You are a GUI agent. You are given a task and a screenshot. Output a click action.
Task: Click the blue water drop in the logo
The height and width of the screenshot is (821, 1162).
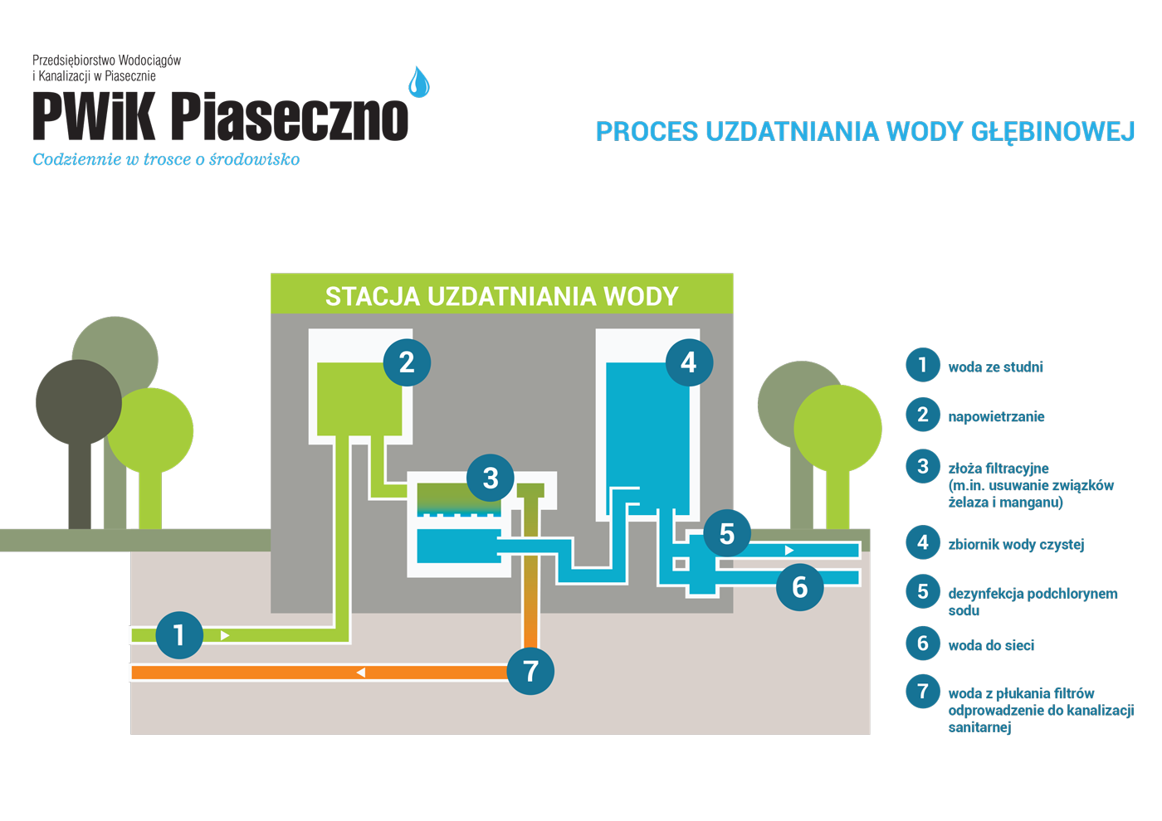point(418,82)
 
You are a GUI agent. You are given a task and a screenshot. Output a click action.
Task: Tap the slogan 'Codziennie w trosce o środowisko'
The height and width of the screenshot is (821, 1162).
point(166,159)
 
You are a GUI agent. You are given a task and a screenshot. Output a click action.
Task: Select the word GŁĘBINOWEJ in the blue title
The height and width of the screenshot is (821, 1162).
point(1052,132)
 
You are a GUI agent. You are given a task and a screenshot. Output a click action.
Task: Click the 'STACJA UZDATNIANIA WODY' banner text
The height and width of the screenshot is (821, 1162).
point(501,297)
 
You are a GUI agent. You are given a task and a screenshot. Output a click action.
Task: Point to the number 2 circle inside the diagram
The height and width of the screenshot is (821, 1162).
point(407,362)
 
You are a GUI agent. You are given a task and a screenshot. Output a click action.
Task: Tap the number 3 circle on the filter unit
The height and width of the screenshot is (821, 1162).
point(491,478)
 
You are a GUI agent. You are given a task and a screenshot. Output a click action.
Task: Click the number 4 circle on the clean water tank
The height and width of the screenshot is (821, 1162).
point(689,362)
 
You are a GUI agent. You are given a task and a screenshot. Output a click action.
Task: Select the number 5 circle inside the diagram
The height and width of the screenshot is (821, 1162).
point(727,533)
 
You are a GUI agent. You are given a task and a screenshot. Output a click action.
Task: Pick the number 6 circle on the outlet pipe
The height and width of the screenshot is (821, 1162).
point(799,587)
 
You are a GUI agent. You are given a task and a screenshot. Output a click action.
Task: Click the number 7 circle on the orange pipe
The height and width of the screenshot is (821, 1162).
point(530,671)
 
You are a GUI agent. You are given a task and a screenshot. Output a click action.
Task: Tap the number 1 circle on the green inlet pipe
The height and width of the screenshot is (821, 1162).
point(179,635)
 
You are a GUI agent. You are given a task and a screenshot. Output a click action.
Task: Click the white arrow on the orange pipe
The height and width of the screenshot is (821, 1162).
point(361,673)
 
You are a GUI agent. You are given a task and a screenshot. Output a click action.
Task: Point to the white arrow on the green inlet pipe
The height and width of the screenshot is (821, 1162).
point(225,635)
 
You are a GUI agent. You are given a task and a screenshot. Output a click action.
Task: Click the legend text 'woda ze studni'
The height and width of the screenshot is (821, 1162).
point(995,367)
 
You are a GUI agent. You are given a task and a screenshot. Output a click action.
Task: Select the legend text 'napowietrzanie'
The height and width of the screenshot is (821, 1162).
point(996,416)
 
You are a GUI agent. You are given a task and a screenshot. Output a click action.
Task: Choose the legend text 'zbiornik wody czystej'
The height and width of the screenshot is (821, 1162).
point(1016,544)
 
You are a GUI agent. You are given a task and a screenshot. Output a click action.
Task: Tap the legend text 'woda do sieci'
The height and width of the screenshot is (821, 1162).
point(991,645)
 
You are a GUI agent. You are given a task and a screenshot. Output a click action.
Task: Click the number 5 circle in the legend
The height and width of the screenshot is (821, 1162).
point(922,591)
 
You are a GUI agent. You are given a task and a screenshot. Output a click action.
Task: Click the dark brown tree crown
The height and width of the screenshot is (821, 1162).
point(79,402)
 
